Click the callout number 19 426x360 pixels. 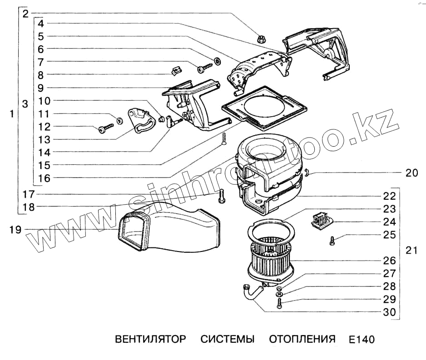tap(15, 230)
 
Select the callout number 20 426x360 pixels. tap(412, 173)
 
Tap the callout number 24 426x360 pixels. tap(389, 222)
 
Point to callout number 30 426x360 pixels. tap(389, 312)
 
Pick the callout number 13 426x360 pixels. tap(44, 139)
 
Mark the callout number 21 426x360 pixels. tap(411, 250)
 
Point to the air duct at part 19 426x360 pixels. tap(168, 229)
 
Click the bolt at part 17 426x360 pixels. tap(221, 196)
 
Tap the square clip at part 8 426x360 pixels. tap(175, 70)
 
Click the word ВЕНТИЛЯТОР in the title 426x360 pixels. tap(150, 340)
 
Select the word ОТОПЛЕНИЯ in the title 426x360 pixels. tap(302, 340)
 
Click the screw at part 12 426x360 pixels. tap(105, 128)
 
